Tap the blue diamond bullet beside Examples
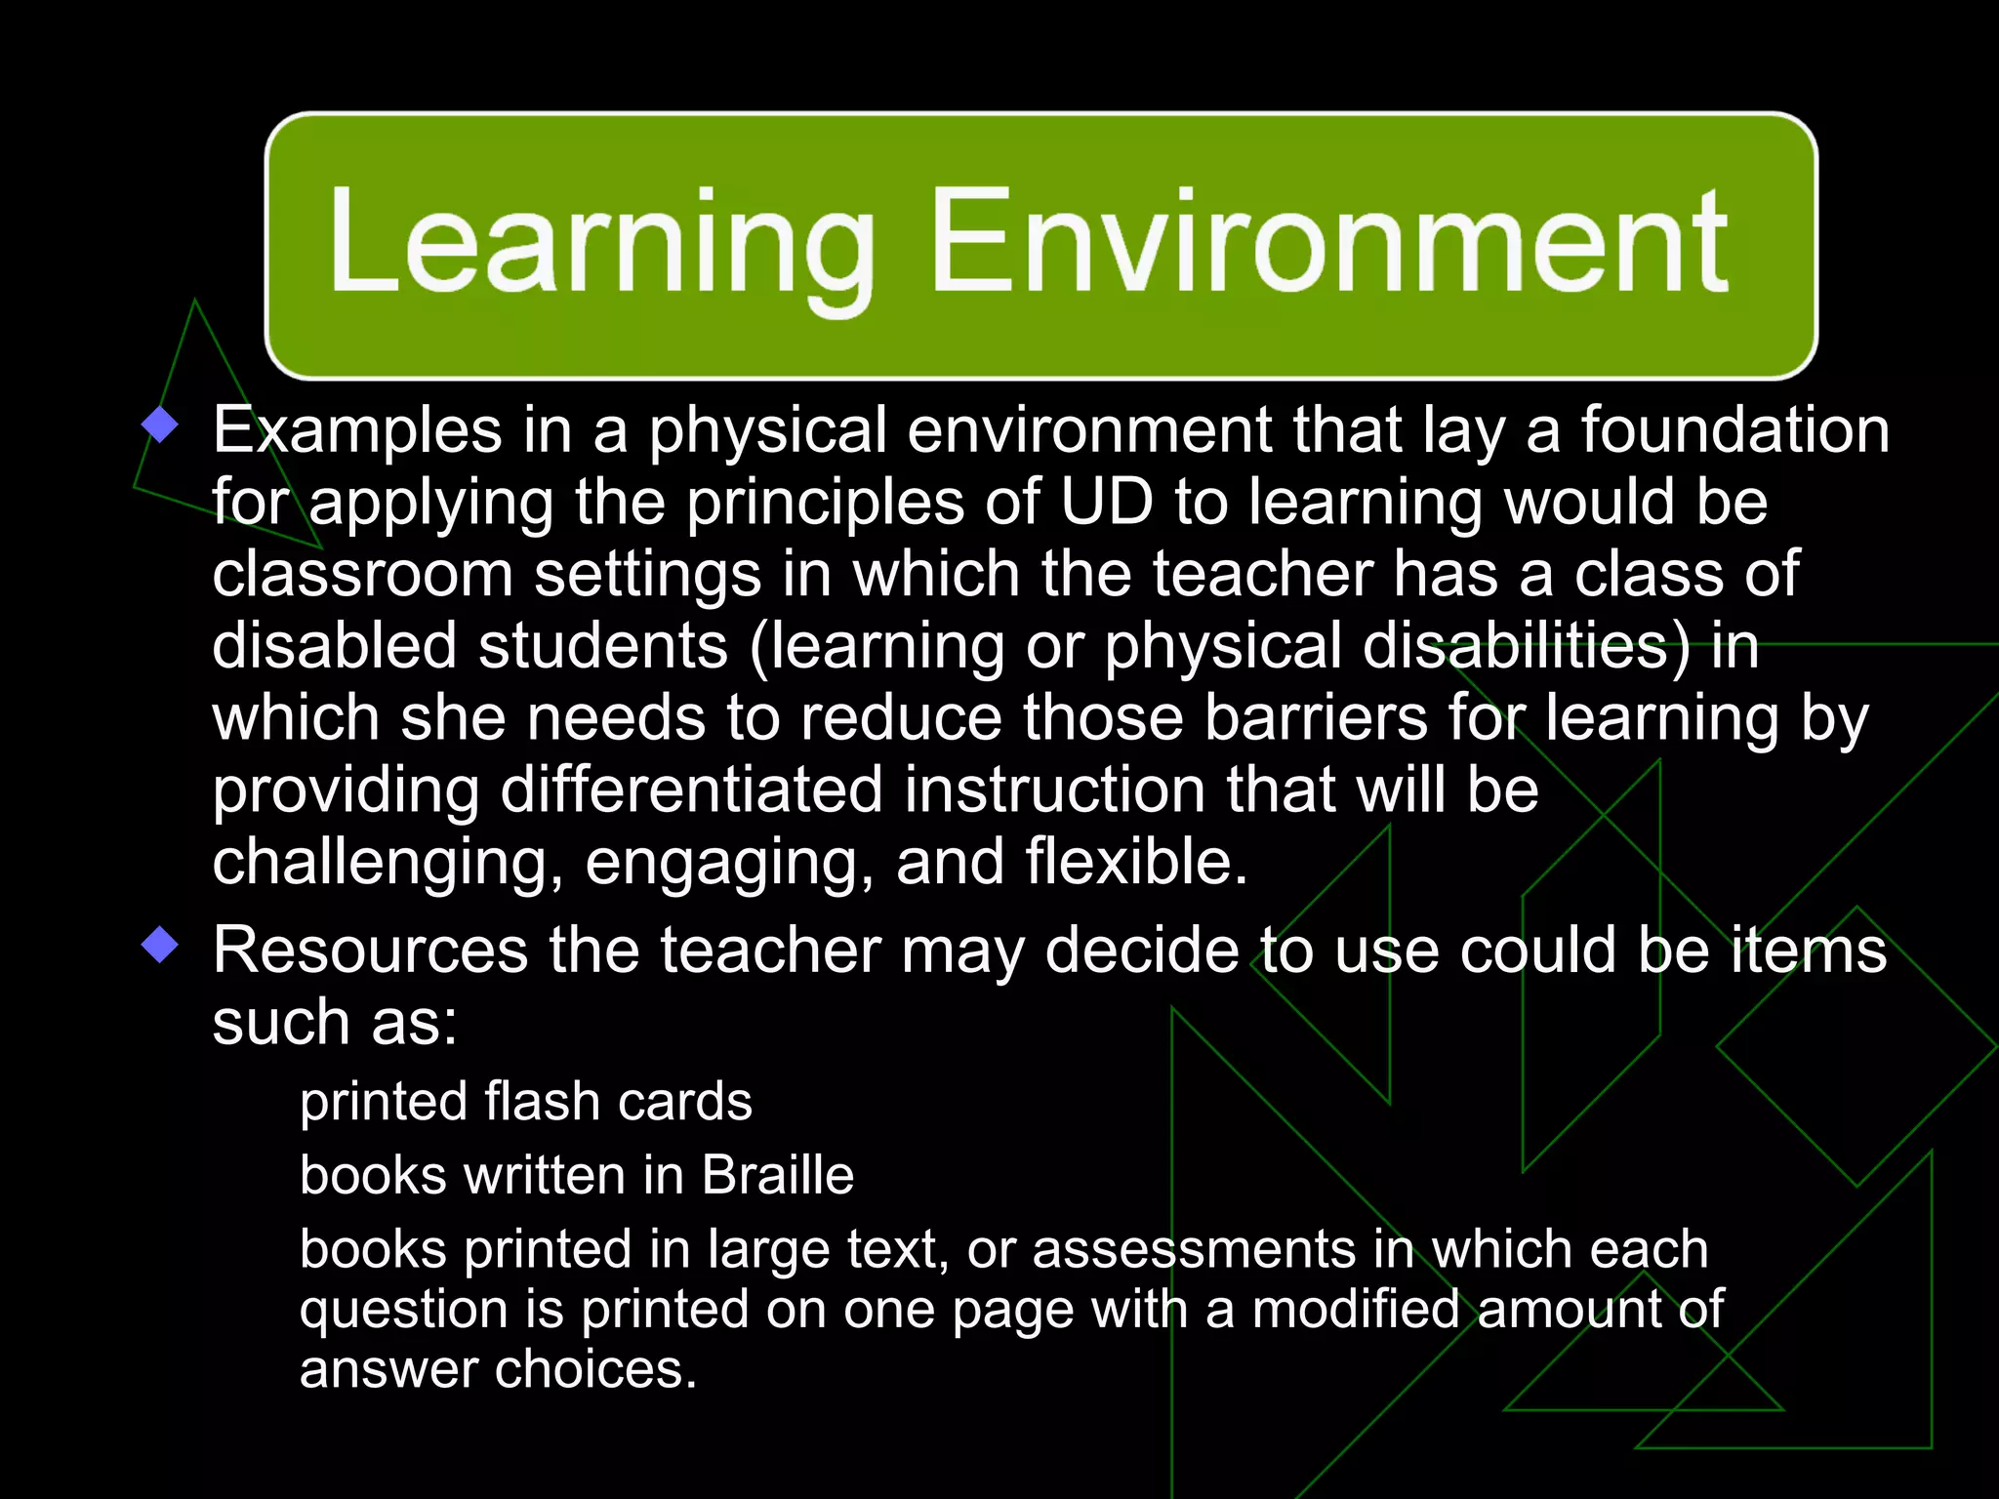point(160,425)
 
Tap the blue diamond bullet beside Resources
point(160,945)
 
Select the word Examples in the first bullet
point(357,430)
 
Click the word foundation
point(1735,430)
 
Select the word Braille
point(778,1174)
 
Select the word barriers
point(1317,718)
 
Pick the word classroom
point(362,574)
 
